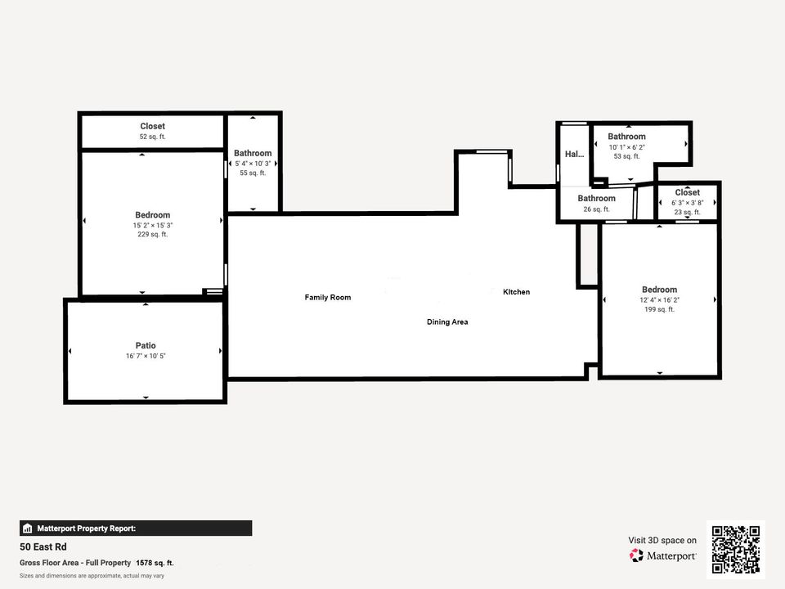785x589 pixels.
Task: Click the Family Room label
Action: pos(327,297)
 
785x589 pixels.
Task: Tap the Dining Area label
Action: pos(447,321)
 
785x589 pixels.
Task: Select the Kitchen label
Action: pos(516,292)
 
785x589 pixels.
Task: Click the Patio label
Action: pos(146,345)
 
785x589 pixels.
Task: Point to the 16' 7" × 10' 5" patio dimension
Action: pos(146,356)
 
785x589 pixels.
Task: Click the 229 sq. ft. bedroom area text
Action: pos(153,235)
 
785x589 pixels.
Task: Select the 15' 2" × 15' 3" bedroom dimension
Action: pos(153,225)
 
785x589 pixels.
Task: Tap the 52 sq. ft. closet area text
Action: pos(152,137)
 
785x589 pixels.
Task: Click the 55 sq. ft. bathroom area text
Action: pos(253,173)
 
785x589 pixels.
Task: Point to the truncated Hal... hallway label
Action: pos(574,154)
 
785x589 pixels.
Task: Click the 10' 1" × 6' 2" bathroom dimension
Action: pos(626,146)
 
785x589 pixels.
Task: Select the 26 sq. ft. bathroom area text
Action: pos(596,209)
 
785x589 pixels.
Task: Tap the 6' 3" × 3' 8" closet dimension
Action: pos(687,203)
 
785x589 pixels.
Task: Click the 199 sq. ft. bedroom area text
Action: pos(659,309)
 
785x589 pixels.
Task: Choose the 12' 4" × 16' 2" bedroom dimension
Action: pos(659,300)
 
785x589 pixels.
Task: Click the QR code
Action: pos(736,550)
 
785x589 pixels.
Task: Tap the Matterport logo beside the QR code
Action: pos(663,555)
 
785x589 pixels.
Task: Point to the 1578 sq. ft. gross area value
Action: pos(155,563)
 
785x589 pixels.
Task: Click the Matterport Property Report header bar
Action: pos(136,528)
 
